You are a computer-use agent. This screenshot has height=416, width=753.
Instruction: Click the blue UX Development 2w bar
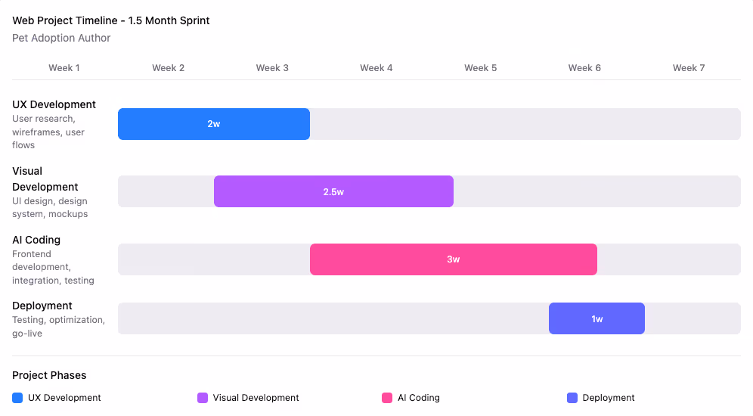[x=214, y=124]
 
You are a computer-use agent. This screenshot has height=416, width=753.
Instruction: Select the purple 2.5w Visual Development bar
[x=333, y=191]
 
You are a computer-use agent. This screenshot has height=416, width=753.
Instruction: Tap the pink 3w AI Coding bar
[x=453, y=259]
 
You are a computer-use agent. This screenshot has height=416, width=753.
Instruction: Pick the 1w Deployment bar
[x=597, y=318]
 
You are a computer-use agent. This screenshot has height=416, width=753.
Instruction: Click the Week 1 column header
[x=64, y=68]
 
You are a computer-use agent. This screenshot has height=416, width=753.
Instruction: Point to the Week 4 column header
[x=376, y=68]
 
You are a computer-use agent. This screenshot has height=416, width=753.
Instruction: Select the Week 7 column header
[x=688, y=68]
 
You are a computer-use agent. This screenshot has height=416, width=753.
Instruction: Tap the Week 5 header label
[x=480, y=68]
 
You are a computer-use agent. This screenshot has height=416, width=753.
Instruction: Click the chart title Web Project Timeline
[x=111, y=20]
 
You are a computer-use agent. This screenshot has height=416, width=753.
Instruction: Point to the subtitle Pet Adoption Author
[x=61, y=38]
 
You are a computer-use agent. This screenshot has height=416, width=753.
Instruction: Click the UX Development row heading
[x=54, y=104]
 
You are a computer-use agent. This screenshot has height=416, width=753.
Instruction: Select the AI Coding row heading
[x=36, y=240]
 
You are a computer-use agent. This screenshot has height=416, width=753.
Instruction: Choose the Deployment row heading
[x=42, y=306]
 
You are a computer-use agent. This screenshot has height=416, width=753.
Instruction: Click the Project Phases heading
[x=49, y=375]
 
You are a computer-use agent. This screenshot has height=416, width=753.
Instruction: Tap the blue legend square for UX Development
[x=17, y=398]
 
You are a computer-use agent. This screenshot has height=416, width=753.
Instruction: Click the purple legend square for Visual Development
[x=203, y=398]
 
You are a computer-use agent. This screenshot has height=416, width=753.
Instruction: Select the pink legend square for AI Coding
[x=387, y=398]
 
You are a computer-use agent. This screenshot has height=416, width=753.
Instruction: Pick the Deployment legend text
[x=609, y=398]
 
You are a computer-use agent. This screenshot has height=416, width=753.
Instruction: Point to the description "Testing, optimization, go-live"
[x=58, y=326]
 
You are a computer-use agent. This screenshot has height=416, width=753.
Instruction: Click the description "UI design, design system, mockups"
[x=50, y=207]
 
